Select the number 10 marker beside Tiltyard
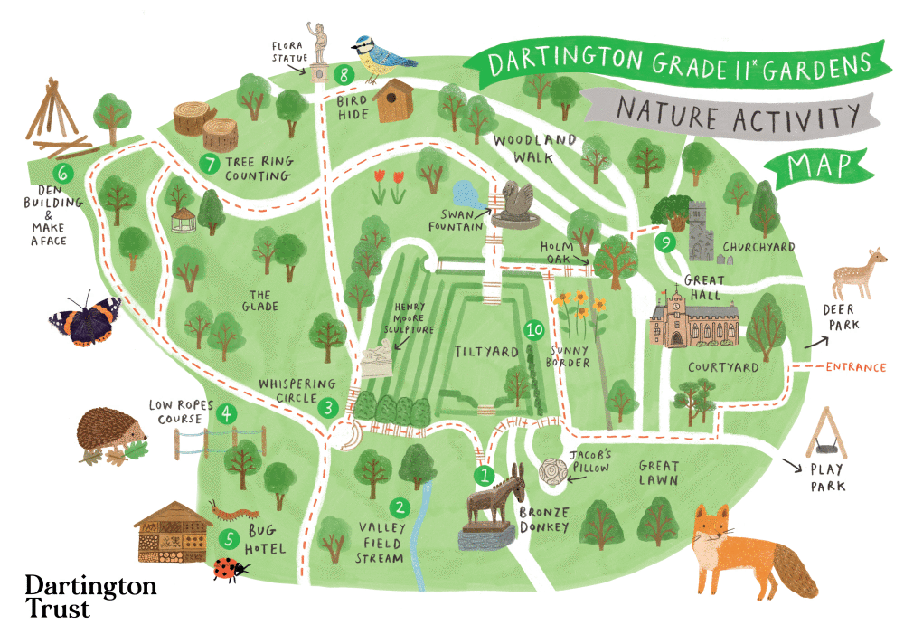point(534,331)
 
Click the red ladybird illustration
point(227,569)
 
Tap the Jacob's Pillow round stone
point(552,472)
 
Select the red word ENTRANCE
point(855,367)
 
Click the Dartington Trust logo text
point(90,596)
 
